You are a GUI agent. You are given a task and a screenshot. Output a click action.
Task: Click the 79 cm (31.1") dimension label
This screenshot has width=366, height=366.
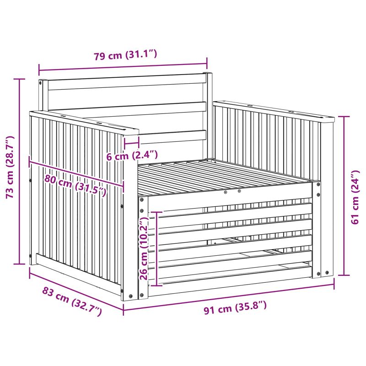click(125, 55)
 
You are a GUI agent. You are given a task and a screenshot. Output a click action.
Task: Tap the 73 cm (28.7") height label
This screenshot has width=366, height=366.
click(10, 167)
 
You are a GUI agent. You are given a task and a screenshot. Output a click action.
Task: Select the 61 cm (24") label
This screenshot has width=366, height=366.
click(355, 197)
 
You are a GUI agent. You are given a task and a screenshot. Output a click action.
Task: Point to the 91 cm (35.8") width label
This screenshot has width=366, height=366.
click(235, 307)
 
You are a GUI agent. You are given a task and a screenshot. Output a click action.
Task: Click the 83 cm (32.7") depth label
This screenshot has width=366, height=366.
click(72, 301)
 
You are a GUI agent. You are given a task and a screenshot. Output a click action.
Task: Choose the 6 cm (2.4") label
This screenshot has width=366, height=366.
click(132, 155)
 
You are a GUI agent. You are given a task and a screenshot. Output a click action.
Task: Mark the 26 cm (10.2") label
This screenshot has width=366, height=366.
click(144, 248)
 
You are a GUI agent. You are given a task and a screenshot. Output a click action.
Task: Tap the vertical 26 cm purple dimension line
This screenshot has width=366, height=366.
click(156, 248)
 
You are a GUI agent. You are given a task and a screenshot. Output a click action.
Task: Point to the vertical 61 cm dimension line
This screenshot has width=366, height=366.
click(344, 196)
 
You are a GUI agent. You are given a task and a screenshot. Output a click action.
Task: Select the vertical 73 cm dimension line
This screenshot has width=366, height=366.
click(20, 172)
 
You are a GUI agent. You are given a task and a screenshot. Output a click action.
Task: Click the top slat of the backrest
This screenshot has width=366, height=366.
click(127, 82)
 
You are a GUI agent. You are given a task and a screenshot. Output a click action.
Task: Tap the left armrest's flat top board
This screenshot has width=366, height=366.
click(84, 123)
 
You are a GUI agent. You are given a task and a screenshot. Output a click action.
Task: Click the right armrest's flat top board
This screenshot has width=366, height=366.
click(274, 111)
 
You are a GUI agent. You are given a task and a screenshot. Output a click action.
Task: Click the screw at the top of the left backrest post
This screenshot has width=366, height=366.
click(40, 83)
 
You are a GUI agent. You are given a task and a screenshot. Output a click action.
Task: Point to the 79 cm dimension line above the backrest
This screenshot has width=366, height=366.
click(123, 66)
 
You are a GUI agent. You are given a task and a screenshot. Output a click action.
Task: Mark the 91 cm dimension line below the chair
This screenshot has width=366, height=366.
click(228, 296)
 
